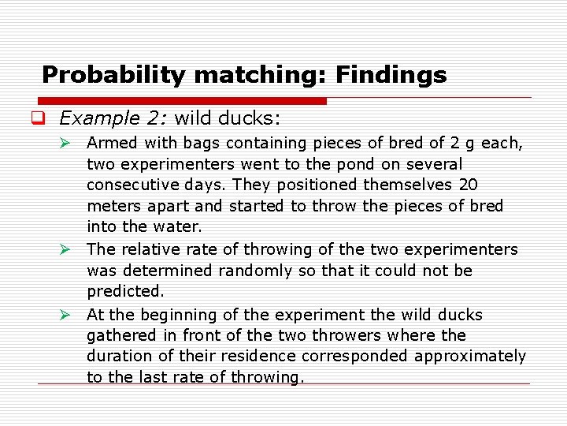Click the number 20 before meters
(x=466, y=185)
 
